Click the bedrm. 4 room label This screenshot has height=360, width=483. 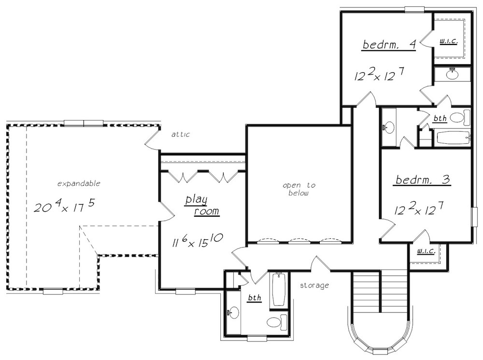389,44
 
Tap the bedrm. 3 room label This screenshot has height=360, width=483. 423,180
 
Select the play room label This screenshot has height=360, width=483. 202,206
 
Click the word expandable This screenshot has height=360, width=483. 79,184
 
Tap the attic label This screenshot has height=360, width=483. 181,134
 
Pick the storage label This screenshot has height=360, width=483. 314,286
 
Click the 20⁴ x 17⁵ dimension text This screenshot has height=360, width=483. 64,206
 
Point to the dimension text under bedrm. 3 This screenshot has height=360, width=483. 419,208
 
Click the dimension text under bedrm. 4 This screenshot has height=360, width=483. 379,74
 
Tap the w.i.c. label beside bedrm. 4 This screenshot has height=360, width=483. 449,41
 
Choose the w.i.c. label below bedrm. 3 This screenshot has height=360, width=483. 426,251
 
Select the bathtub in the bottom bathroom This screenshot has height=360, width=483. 279,290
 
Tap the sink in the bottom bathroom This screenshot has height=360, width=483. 233,312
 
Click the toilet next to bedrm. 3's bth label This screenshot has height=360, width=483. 460,118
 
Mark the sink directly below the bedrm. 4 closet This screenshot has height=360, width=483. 452,74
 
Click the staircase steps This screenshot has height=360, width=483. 380,291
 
